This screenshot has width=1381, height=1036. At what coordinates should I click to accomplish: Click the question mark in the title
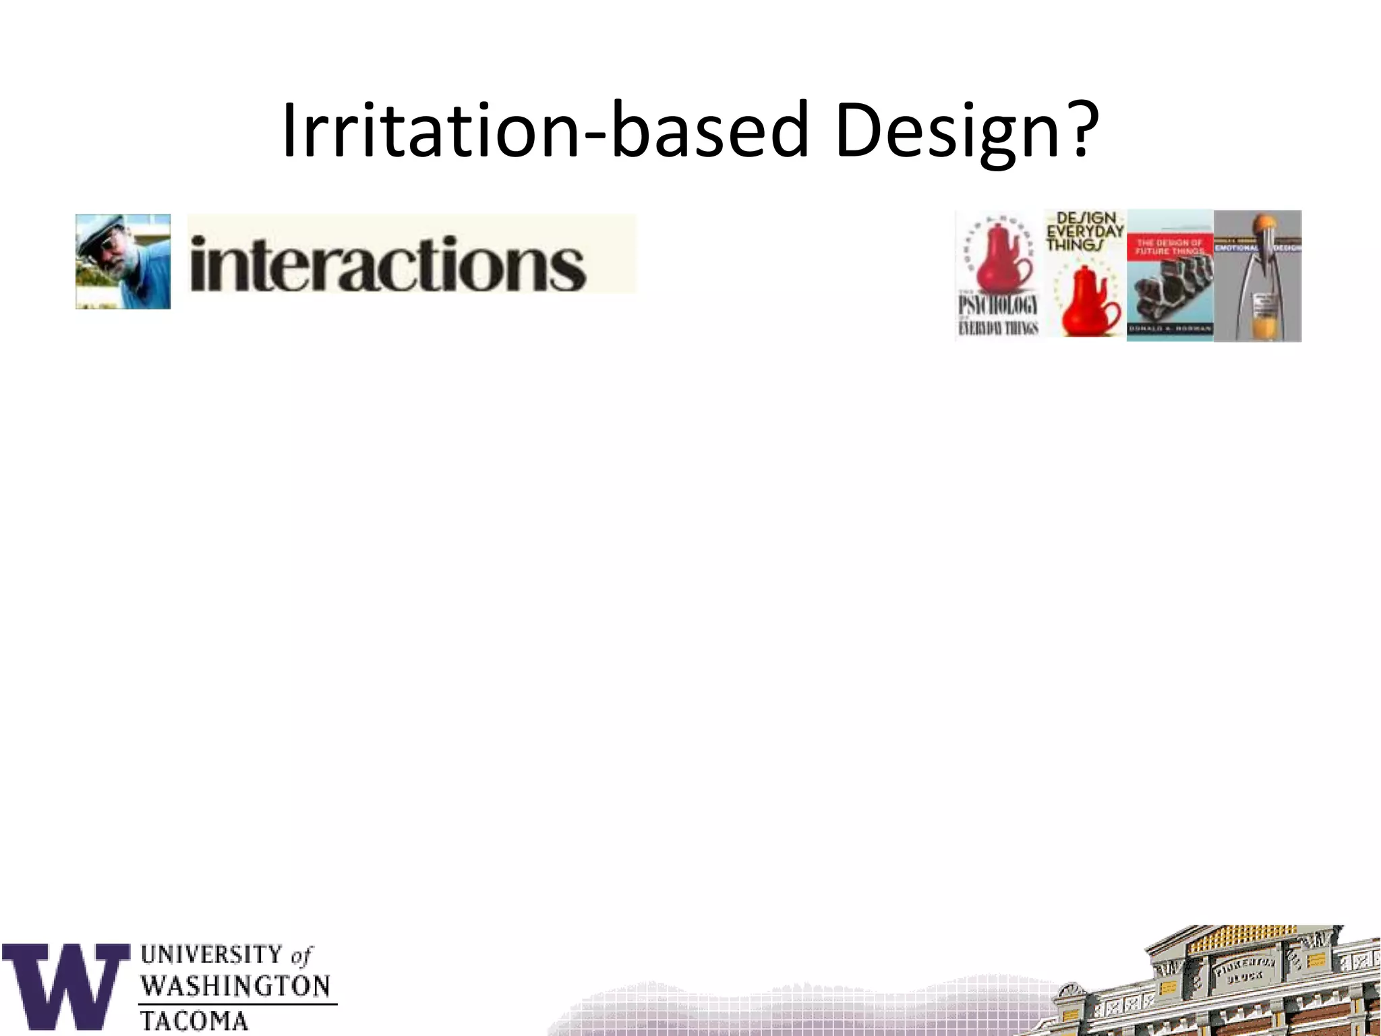click(1073, 129)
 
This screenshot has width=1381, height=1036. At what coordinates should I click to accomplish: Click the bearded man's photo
click(123, 262)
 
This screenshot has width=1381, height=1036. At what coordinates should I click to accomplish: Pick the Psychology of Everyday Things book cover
click(999, 275)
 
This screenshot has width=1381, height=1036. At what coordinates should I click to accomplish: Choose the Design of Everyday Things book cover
click(1084, 273)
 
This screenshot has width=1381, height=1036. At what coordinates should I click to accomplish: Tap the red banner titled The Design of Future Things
click(1170, 247)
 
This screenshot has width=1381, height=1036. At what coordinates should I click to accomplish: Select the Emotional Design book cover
click(1258, 275)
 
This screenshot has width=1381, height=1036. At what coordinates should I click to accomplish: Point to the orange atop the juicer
click(1258, 224)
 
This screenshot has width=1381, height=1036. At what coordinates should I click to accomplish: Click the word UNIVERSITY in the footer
click(212, 955)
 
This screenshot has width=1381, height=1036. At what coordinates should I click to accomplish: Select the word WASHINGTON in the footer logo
click(236, 987)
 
